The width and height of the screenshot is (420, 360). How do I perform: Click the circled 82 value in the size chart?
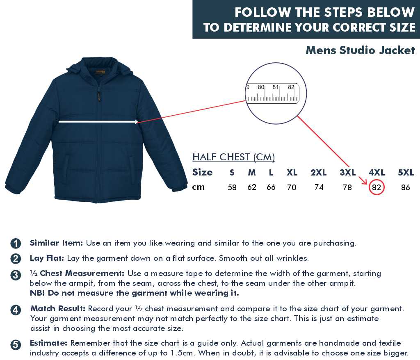[377, 187]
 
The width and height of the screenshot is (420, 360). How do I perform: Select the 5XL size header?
[406, 172]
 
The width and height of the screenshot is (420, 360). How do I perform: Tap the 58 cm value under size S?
[232, 187]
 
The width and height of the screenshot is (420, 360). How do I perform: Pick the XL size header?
[292, 172]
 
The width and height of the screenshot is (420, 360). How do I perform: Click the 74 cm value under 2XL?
[319, 187]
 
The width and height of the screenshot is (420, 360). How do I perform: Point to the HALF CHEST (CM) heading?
[233, 157]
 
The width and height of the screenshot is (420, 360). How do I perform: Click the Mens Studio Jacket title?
[361, 50]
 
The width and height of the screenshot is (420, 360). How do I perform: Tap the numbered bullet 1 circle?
[16, 243]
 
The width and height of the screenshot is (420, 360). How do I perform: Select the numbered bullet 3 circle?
[16, 275]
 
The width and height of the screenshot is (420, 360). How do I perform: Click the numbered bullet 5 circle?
[16, 345]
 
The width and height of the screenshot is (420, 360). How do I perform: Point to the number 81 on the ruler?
[276, 87]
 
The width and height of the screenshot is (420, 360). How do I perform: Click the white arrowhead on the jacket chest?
[136, 122]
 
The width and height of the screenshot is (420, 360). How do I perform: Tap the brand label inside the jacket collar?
[101, 72]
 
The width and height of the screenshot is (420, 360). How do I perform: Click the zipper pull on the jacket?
[98, 96]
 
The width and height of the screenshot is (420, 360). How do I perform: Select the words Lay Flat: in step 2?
[47, 258]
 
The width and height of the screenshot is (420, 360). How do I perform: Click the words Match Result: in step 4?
[58, 309]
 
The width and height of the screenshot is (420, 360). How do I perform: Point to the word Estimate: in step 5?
[48, 343]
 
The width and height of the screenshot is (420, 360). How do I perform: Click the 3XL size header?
[348, 172]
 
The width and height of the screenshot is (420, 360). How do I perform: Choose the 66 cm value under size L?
[271, 187]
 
